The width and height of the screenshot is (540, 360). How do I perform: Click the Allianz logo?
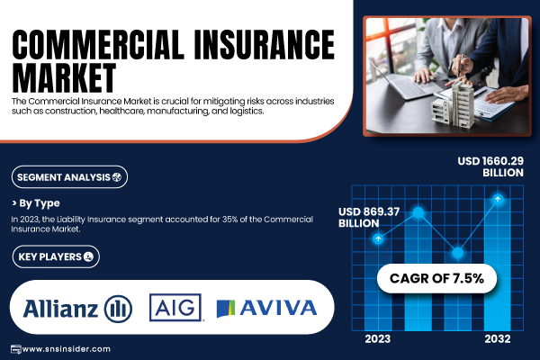77,309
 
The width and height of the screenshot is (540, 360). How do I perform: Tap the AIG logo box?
175,307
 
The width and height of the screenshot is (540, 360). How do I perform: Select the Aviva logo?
266,308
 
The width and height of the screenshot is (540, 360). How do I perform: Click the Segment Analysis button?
69,177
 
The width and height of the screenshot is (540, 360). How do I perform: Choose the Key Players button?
56,256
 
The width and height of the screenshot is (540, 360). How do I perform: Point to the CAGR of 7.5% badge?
436,278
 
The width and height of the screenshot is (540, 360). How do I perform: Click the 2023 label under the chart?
378,339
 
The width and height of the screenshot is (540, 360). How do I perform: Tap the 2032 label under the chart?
498,339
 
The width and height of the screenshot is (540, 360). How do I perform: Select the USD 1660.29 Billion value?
490,166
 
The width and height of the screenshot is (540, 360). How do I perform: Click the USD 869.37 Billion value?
369,218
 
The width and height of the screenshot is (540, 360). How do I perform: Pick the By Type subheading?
36,203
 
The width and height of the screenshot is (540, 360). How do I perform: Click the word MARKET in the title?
64,78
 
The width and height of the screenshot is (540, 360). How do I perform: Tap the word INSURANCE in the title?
264,44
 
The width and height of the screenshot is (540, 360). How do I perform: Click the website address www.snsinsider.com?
66,349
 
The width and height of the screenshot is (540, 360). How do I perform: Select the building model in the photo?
454,104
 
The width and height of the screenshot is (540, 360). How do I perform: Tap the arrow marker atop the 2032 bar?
498,199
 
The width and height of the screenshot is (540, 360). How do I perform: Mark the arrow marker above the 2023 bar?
378,238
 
